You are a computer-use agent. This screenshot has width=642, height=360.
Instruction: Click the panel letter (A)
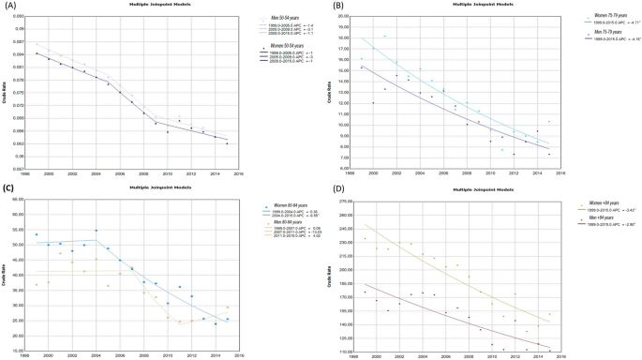(x=9, y=6)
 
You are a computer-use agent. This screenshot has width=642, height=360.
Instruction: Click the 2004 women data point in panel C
(x=96, y=231)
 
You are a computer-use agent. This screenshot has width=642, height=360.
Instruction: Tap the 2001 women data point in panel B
(x=385, y=37)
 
